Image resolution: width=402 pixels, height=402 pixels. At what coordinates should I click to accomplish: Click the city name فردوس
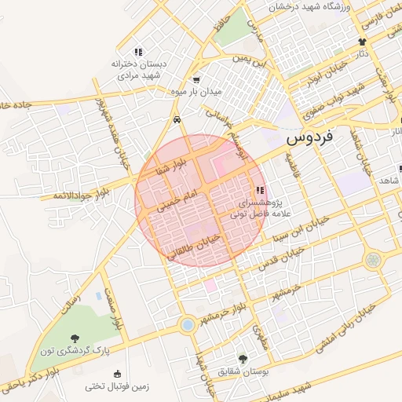[x=309, y=138]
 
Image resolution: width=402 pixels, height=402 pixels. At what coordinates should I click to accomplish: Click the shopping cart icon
[x=196, y=79]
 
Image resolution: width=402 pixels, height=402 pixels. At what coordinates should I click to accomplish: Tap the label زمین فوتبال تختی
[x=117, y=386]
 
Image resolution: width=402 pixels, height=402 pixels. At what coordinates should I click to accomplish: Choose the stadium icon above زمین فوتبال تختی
[x=117, y=374]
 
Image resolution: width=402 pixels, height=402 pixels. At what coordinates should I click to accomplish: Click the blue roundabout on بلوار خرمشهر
[x=186, y=323]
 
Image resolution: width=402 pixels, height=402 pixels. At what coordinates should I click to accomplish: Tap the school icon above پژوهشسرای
[x=260, y=190]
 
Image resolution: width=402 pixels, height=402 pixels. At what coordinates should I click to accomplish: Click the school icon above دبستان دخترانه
[x=138, y=52]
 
